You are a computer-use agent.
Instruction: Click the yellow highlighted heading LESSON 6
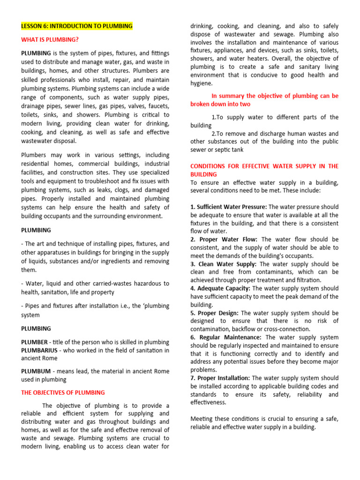pos(77,26)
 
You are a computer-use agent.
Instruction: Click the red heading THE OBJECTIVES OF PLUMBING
pos(63,392)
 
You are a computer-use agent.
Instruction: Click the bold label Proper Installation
pos(224,378)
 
